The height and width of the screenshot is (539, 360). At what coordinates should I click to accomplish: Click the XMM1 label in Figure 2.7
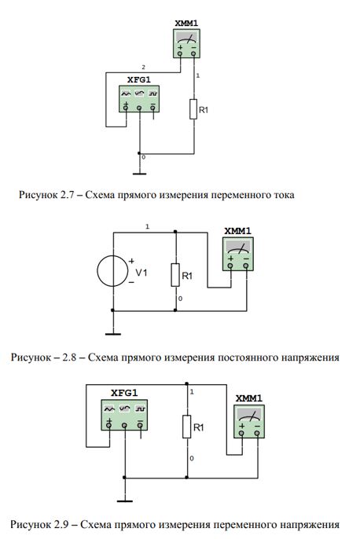tap(186, 24)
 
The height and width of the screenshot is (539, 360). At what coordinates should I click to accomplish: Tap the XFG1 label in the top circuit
tap(139, 80)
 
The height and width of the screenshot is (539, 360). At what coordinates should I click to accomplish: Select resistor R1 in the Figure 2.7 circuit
tap(193, 109)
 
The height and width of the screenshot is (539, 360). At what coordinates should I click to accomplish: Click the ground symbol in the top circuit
tap(139, 174)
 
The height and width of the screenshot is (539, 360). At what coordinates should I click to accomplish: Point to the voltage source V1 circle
tap(112, 271)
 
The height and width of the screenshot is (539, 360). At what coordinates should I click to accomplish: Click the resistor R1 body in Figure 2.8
tap(175, 275)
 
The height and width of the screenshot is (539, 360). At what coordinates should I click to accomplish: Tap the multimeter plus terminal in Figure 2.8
tap(230, 266)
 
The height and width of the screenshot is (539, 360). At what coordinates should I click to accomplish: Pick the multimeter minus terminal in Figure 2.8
tap(246, 266)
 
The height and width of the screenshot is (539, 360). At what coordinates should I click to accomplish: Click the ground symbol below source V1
tap(113, 333)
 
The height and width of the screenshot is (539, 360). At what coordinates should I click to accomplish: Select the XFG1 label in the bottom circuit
tap(124, 393)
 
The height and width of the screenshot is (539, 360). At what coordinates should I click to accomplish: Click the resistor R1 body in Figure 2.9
tap(187, 427)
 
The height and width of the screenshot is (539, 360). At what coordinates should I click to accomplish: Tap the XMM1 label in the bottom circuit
tap(249, 398)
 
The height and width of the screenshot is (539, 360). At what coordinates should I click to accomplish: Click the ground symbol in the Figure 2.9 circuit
tap(124, 500)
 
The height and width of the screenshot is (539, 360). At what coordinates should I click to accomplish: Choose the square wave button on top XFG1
tap(153, 93)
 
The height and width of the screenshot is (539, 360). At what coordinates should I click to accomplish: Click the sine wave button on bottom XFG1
tap(109, 409)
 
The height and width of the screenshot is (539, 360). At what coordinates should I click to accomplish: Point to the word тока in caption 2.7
tap(283, 195)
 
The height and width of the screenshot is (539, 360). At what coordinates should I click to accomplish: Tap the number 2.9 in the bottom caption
tap(61, 525)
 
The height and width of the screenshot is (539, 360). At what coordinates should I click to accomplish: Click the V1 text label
tap(141, 273)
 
